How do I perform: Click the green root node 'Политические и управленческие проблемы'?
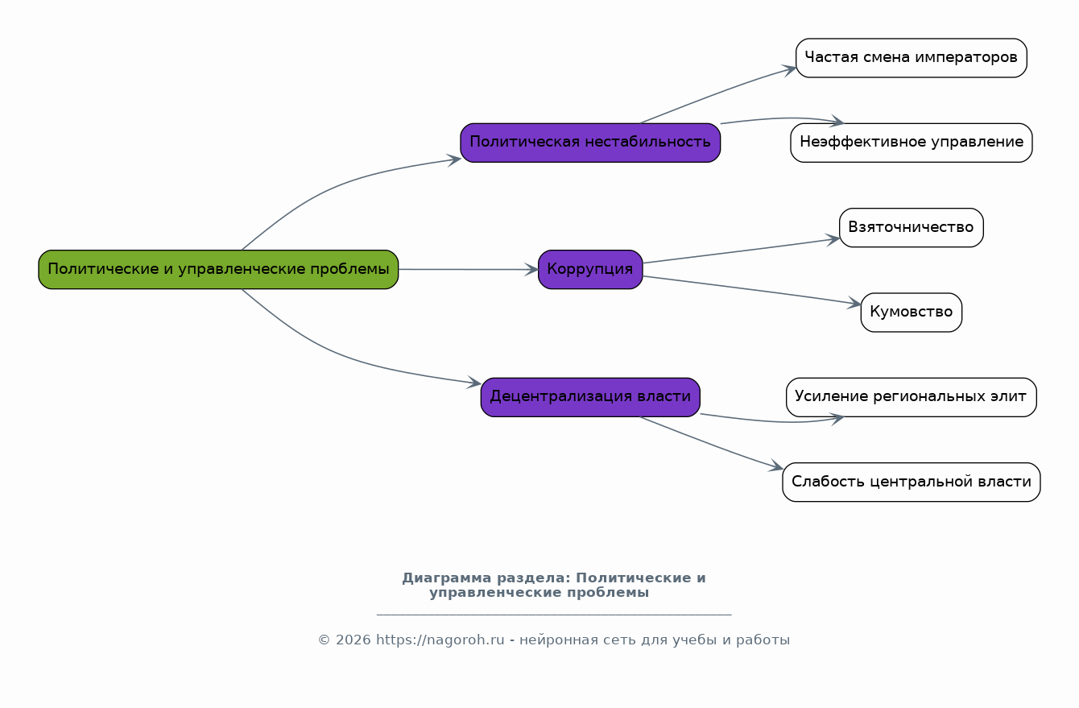pyautogui.click(x=218, y=269)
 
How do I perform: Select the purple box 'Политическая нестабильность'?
pyautogui.click(x=590, y=143)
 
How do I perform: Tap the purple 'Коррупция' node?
pyautogui.click(x=590, y=269)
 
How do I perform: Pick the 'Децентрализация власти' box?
pyautogui.click(x=590, y=397)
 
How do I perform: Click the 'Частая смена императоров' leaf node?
pyautogui.click(x=911, y=58)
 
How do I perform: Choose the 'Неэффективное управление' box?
pyautogui.click(x=911, y=143)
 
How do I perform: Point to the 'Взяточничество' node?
pyautogui.click(x=911, y=227)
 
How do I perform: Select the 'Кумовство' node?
pyautogui.click(x=911, y=313)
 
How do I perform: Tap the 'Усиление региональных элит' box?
pyautogui.click(x=911, y=397)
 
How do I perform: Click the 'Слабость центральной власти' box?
pyautogui.click(x=911, y=482)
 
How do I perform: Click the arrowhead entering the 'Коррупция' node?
pyautogui.click(x=531, y=269)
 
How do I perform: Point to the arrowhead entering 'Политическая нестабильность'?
pyautogui.click(x=454, y=159)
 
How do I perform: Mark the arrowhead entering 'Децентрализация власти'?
pyautogui.click(x=474, y=383)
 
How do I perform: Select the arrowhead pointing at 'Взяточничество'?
pyautogui.click(x=833, y=239)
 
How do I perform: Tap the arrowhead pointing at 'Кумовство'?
pyautogui.click(x=854, y=303)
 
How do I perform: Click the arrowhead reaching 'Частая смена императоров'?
pyautogui.click(x=789, y=70)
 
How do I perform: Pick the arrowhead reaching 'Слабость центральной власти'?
pyautogui.click(x=775, y=466)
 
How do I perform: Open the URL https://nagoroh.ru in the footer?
pyautogui.click(x=440, y=640)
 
